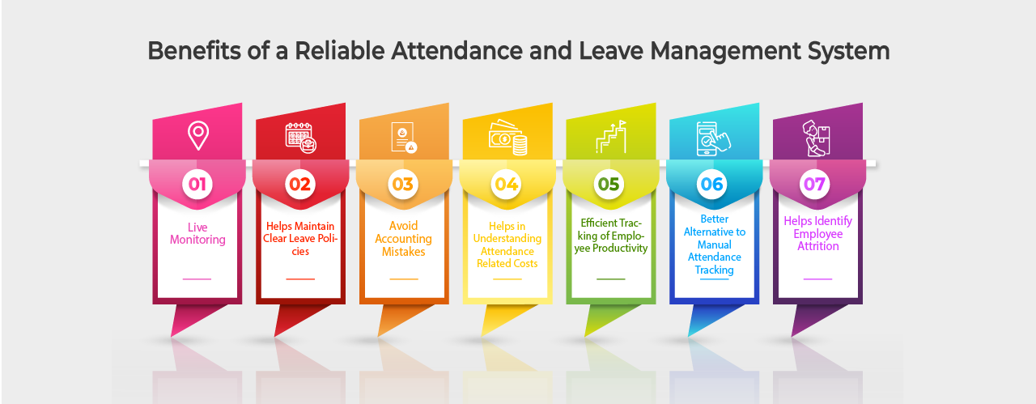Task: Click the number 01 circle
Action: click(x=197, y=184)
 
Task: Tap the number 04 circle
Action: click(x=506, y=184)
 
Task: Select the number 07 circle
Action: click(x=814, y=184)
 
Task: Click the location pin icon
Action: click(x=198, y=135)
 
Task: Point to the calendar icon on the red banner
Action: click(x=300, y=138)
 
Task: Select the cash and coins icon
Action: click(x=507, y=138)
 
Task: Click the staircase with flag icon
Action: click(x=611, y=137)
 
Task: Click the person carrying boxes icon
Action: click(x=817, y=138)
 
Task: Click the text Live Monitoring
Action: click(x=197, y=233)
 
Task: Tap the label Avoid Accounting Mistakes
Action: click(x=403, y=239)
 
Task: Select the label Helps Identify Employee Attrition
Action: click(x=817, y=233)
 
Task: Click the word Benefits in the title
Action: click(x=193, y=50)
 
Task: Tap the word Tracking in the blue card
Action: click(x=714, y=270)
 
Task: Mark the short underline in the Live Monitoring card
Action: click(x=197, y=279)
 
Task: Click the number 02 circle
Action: click(x=299, y=184)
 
